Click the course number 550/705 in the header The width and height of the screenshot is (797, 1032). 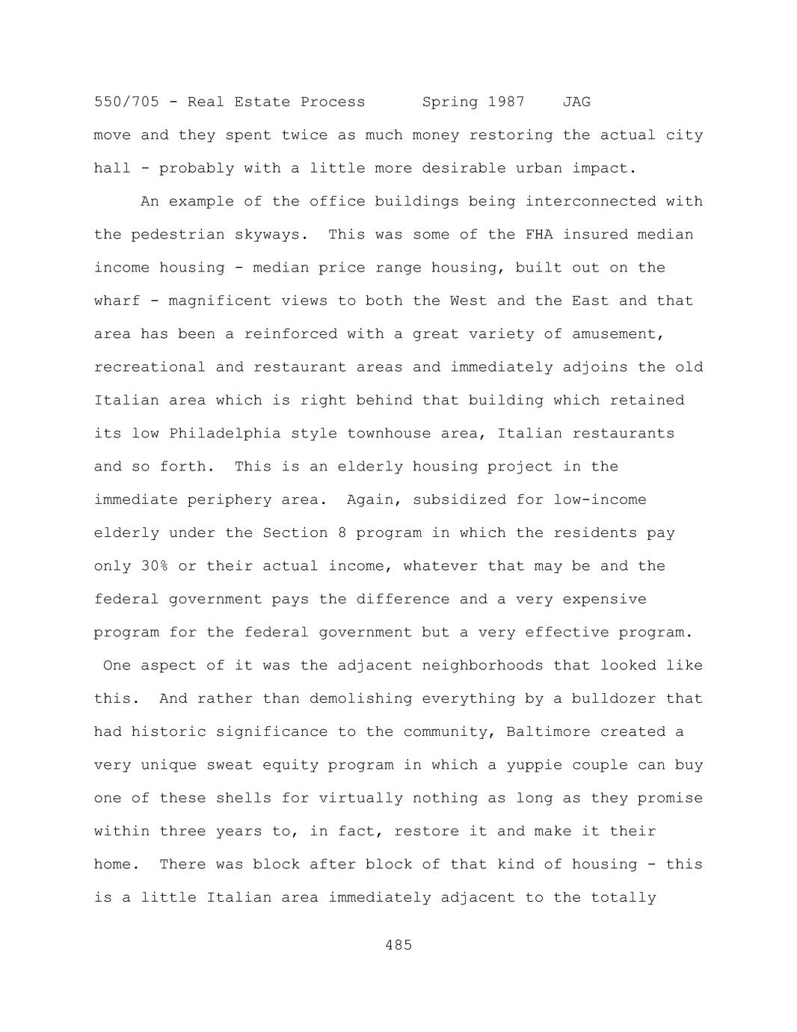pyautogui.click(x=126, y=102)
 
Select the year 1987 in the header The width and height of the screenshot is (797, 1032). pyautogui.click(x=506, y=102)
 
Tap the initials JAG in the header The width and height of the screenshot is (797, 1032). pyautogui.click(x=576, y=102)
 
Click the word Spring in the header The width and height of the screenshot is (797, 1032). pyautogui.click(x=450, y=102)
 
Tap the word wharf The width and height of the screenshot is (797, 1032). pyautogui.click(x=117, y=301)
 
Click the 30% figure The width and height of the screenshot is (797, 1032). pyautogui.click(x=155, y=566)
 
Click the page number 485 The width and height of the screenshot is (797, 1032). pyautogui.click(x=398, y=945)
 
